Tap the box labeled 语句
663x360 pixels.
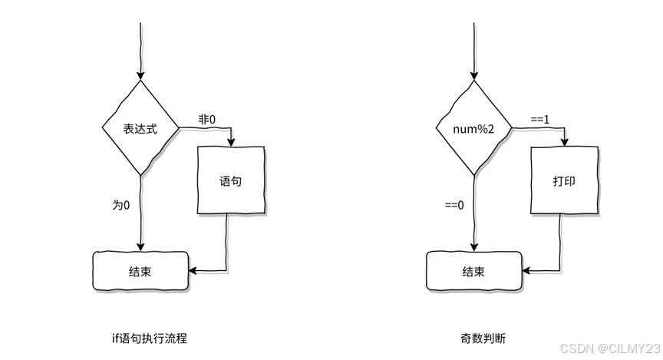point(231,181)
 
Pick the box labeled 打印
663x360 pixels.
point(565,182)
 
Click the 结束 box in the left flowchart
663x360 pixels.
point(140,271)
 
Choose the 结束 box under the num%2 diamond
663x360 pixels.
point(474,271)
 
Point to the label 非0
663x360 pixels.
point(207,120)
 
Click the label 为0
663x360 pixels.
point(121,205)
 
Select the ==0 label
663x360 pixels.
point(455,205)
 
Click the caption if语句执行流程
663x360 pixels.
point(149,338)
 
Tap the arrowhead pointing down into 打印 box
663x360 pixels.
point(565,142)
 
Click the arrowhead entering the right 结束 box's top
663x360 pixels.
point(474,247)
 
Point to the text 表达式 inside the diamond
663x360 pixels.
point(140,129)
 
